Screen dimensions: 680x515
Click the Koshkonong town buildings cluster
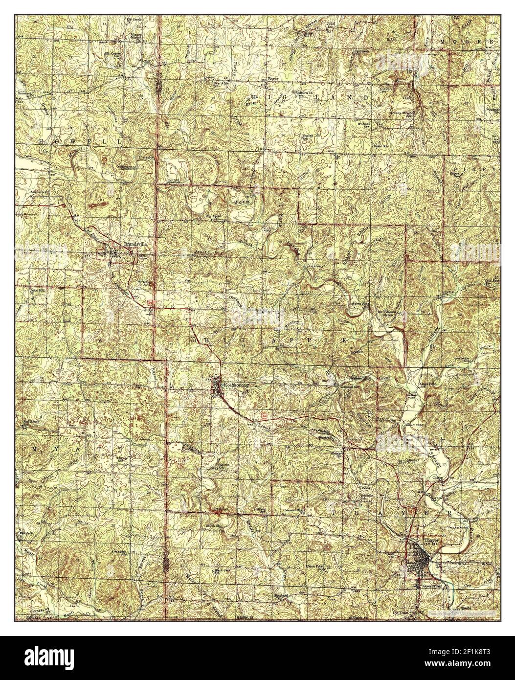(217, 387)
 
